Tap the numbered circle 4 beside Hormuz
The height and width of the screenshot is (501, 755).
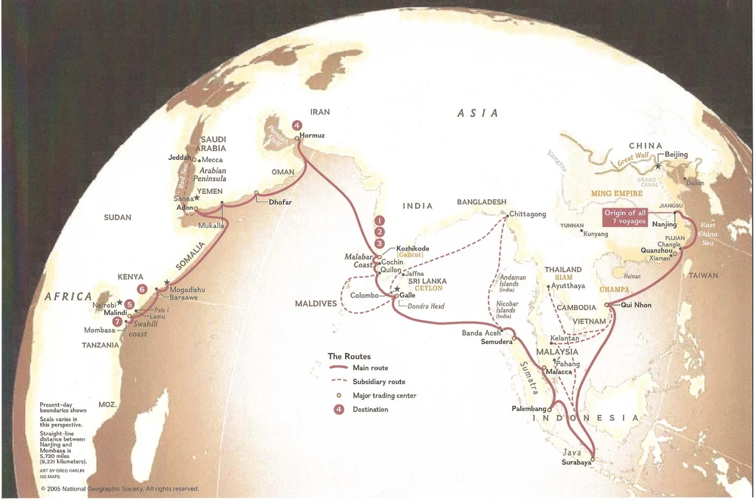click(x=297, y=124)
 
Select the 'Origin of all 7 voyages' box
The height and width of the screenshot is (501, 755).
click(x=625, y=217)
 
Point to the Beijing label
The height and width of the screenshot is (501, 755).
click(x=676, y=155)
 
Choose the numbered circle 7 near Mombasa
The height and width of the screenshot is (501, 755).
click(x=116, y=321)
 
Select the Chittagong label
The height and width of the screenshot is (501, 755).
click(x=528, y=214)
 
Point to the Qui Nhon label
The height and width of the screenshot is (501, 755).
click(x=636, y=306)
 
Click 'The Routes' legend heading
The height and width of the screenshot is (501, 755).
click(x=349, y=355)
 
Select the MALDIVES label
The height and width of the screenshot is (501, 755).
click(x=316, y=303)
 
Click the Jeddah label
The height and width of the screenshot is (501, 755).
click(x=180, y=158)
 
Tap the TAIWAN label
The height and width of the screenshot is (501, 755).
click(x=704, y=275)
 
